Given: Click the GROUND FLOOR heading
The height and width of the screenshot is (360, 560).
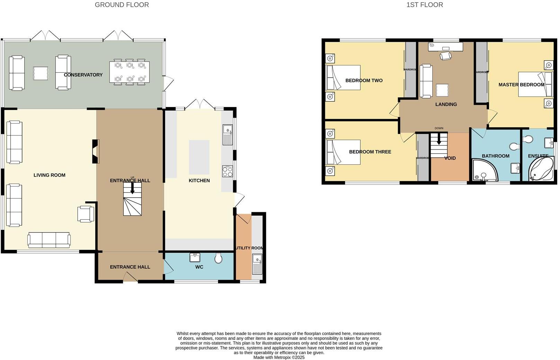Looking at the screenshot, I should pos(122,5).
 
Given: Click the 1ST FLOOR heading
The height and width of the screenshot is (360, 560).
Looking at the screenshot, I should pos(425,5).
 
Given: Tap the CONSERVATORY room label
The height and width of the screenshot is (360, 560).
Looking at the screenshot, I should pos(83,75).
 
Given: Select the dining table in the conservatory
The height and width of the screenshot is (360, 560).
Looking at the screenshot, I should pos(129,72).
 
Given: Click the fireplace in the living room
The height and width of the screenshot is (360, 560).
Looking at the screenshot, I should pos(96,151).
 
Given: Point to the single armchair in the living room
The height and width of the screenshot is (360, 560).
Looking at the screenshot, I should pos(85,214).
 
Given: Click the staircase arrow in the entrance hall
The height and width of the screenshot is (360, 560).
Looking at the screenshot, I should pos(132,188).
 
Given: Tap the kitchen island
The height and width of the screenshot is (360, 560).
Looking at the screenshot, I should pos(199,157).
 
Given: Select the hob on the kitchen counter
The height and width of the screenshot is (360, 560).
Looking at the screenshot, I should pos(227,172).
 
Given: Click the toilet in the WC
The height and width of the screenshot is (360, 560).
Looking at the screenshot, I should pos(218,258).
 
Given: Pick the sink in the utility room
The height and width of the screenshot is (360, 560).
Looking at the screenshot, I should pos(257,264).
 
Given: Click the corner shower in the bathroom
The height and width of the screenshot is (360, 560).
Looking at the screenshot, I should pos(485,170).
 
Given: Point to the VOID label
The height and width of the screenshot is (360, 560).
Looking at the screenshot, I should pos(450,158).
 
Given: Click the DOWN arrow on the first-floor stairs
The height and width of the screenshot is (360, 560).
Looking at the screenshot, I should pos(439,140).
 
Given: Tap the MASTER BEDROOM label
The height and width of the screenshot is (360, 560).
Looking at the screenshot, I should pos(521,85).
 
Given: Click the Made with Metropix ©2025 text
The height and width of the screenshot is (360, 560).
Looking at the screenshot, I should pos(279,357).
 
